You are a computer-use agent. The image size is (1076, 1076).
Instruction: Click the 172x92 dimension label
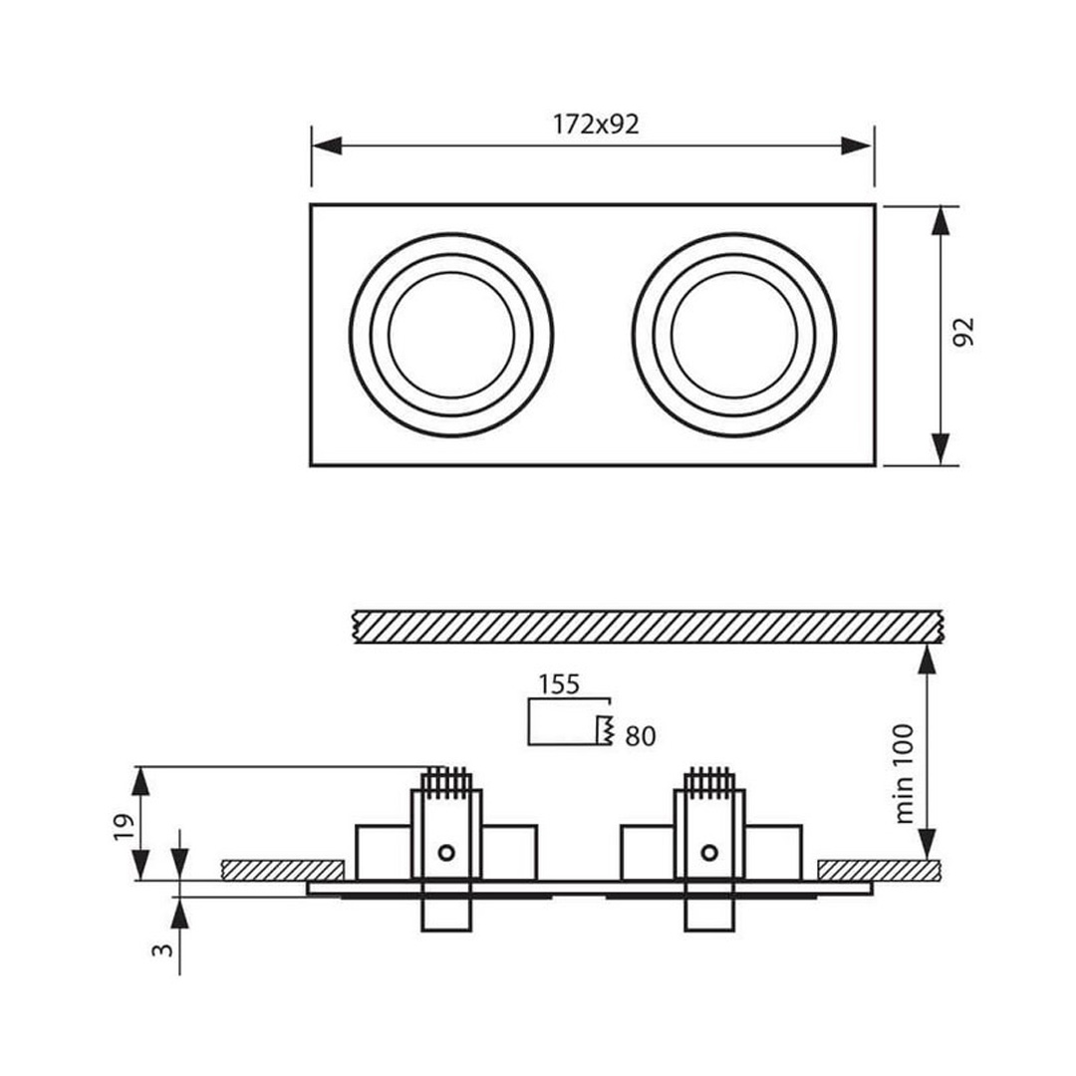click(596, 125)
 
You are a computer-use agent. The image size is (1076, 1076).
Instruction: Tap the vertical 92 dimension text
click(964, 332)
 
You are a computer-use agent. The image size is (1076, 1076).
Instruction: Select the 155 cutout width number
click(559, 684)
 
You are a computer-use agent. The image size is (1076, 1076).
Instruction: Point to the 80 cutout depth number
click(641, 736)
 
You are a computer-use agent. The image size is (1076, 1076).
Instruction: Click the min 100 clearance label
click(905, 773)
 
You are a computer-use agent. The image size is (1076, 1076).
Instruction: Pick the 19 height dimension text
click(122, 828)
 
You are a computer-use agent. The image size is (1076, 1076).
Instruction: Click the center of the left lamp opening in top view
click(451, 335)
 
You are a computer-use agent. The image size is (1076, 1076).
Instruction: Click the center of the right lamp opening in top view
click(734, 335)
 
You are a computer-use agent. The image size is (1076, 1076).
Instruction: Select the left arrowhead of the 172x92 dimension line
click(327, 145)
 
